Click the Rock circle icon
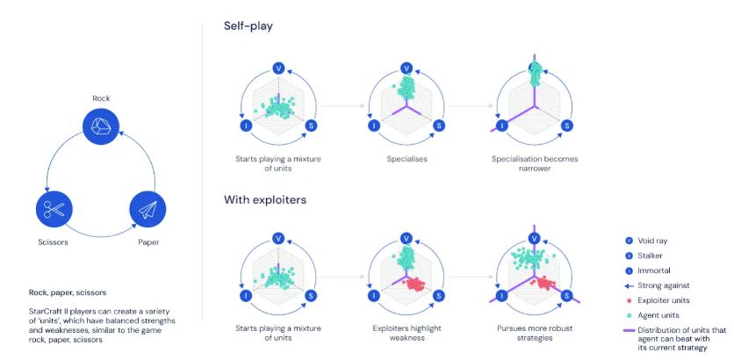click(x=100, y=126)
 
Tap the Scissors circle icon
click(x=52, y=209)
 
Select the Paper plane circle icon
click(x=147, y=209)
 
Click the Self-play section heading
click(x=249, y=27)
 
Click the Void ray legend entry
click(x=651, y=241)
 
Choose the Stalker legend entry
click(x=648, y=256)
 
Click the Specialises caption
click(x=407, y=159)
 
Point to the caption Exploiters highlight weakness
click(x=407, y=333)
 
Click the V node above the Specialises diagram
click(x=407, y=68)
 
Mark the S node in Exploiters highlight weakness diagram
click(x=439, y=297)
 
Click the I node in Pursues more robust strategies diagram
click(x=502, y=297)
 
